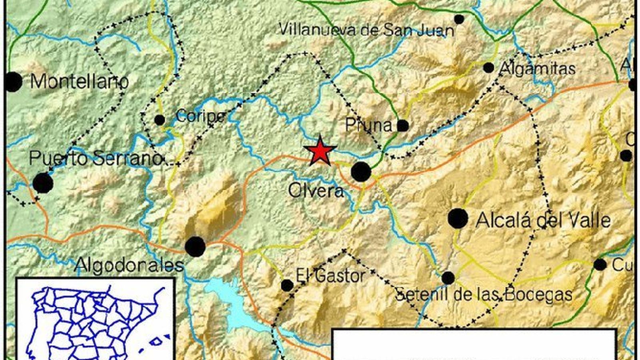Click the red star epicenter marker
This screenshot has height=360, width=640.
point(320,151)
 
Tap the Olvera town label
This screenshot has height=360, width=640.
point(316,191)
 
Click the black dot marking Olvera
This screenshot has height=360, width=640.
point(361,172)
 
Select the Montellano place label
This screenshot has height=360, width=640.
point(79,82)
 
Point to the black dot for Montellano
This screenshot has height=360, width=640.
point(13,82)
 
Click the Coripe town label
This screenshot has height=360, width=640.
point(200,116)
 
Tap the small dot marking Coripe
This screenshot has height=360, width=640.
point(160,120)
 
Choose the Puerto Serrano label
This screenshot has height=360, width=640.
point(96,159)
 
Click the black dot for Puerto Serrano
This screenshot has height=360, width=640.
point(43,183)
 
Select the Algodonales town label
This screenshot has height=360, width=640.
point(129,264)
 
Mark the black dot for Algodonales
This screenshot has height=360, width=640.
point(195,246)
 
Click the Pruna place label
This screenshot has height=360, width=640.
point(369,126)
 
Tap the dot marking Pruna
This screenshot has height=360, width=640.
point(403,126)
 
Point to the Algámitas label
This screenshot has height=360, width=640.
point(538,69)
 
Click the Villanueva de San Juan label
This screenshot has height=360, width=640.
point(366,30)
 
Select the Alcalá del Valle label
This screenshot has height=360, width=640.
point(543,220)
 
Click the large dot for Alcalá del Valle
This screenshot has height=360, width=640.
point(458,218)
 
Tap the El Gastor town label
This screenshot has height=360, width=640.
point(330,276)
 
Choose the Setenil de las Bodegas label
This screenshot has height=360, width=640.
point(484,295)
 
